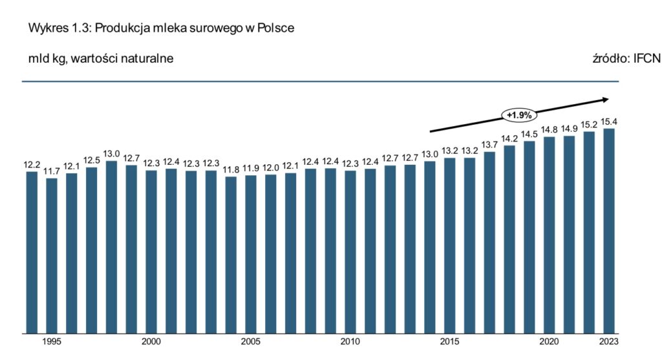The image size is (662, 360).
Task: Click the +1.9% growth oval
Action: coord(518,116)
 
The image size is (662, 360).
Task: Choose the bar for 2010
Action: coord(350,251)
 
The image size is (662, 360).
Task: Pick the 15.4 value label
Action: coord(608,122)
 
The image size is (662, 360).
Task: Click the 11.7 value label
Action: coord(52,171)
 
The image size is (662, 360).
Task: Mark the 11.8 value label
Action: coord(231,170)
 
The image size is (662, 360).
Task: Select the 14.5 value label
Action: coord(529,134)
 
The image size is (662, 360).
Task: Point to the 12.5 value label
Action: coord(91,160)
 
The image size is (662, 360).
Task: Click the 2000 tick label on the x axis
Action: coord(151,341)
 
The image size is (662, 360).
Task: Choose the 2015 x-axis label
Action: coord(450,341)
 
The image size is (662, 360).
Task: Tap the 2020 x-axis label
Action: coord(549,341)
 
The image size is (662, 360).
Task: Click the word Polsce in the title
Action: coord(279,30)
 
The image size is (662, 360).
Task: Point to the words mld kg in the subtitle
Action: coord(46,59)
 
